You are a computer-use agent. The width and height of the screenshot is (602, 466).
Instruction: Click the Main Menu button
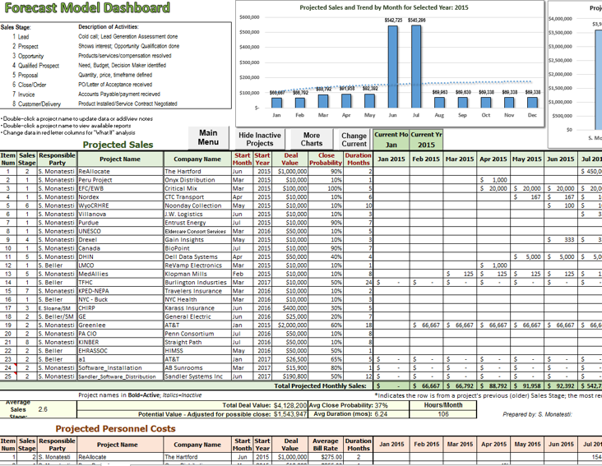pos(208,137)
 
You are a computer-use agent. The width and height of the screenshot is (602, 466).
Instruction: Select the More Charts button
pos(312,139)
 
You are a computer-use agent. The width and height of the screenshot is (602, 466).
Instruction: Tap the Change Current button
pos(354,139)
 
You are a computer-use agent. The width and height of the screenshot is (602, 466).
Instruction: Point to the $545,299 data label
pos(416,20)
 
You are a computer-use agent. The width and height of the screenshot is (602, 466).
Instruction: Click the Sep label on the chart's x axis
pos(463,115)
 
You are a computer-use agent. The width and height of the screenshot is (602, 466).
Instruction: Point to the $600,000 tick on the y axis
pos(249,16)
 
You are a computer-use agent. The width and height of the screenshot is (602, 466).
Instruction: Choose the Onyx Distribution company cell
pos(189,180)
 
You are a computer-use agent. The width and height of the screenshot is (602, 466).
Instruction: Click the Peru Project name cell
pos(95,180)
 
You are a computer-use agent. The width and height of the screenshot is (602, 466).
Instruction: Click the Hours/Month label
pos(442,404)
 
